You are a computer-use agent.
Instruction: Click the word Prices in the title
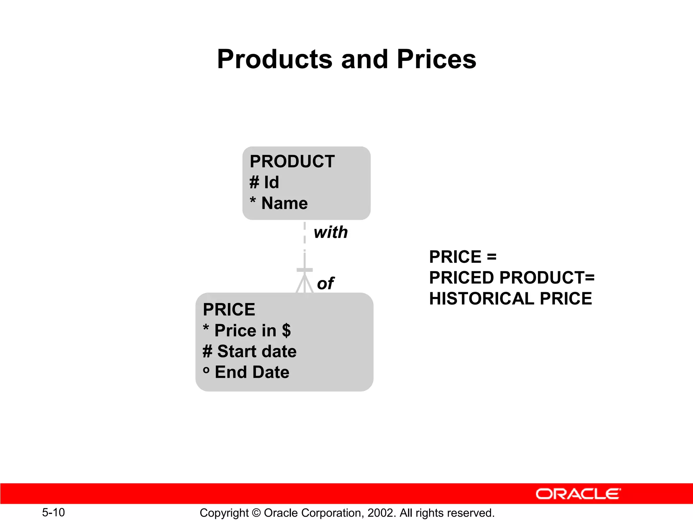436,60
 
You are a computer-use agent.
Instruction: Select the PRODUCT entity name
292,161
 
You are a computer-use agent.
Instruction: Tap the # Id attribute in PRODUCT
264,182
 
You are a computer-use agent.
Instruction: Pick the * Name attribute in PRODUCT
279,203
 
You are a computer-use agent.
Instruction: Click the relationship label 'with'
331,233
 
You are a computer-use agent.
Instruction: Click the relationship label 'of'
325,283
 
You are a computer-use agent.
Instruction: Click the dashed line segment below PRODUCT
305,233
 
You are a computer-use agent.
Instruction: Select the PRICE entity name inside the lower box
229,309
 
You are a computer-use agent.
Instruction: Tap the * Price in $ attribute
247,330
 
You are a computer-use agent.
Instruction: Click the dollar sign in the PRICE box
286,330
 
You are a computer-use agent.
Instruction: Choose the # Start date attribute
250,351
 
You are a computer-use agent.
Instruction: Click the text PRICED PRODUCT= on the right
512,278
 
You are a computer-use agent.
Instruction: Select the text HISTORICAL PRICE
510,299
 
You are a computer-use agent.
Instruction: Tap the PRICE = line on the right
463,257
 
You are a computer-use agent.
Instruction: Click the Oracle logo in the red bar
578,494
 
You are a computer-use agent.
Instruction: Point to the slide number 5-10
53,512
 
